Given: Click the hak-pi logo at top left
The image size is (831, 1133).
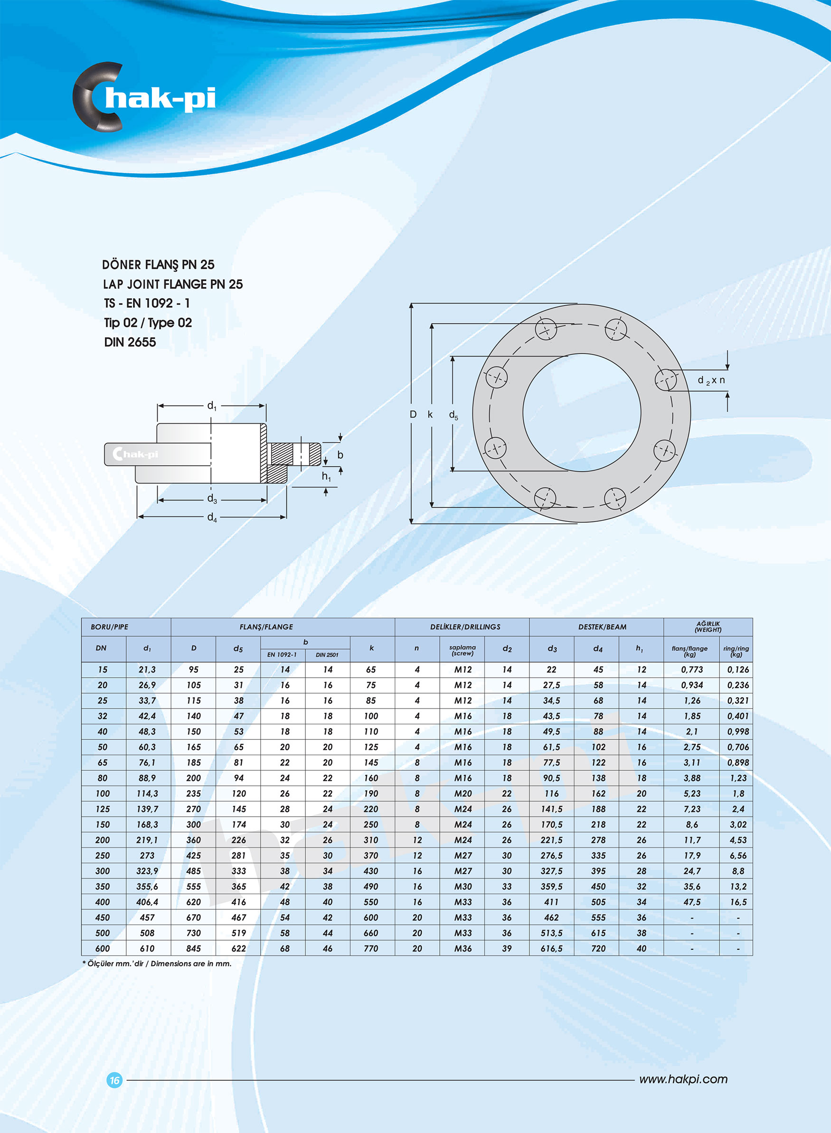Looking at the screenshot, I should coord(145,97).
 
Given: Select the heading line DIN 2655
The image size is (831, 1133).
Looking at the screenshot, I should coord(130,342).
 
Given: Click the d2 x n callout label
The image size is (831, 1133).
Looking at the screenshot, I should coord(711,381).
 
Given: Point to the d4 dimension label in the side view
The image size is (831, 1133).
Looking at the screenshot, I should coord(212,518).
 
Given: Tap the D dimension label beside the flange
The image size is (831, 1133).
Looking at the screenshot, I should coord(413,415).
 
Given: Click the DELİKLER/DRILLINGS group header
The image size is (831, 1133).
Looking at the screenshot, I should coord(465,627).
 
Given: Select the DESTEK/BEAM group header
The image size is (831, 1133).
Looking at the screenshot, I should coord(602,627).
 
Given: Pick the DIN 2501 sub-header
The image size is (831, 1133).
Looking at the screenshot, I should coord(327,655).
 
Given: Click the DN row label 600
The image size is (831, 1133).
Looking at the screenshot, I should coord(103,948).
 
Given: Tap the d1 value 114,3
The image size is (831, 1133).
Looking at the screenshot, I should coord(147,793).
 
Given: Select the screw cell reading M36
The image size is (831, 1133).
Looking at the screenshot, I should coord(463,948).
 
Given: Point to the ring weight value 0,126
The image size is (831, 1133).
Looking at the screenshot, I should coord(738,670).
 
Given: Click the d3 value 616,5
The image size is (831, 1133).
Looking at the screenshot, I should coord(552,948).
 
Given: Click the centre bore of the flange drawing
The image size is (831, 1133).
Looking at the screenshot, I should coord(582,413).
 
